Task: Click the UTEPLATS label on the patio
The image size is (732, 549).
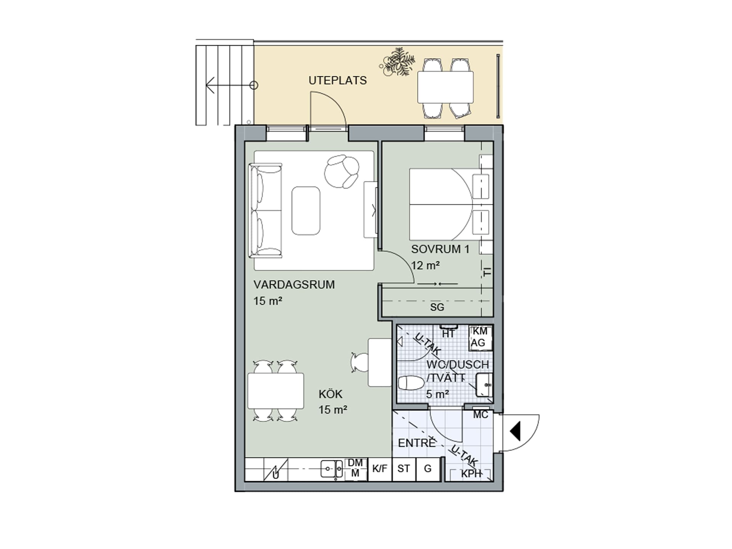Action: coord(337,80)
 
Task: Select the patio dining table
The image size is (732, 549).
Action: coord(445,87)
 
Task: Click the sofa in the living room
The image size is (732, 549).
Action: coord(265,210)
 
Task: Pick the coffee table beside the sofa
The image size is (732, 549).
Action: coord(306,210)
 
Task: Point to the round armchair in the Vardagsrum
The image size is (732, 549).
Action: coord(342,171)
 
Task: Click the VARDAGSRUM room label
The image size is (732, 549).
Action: coord(294,285)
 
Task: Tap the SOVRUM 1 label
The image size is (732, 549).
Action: coord(440,249)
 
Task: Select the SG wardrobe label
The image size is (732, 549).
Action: coord(437,307)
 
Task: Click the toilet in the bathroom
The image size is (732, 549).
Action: coord(411,383)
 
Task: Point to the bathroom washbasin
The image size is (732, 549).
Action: coord(484,385)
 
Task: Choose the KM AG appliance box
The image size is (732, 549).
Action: coord(480,337)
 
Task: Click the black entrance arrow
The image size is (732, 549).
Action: coord(515,432)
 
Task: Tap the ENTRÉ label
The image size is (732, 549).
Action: coord(417,443)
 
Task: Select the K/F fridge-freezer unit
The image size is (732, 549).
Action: coord(380,469)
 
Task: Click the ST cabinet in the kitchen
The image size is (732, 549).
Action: coord(404,469)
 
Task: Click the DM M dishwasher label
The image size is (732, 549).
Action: coord(355,468)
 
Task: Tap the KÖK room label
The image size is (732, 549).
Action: coord(331,394)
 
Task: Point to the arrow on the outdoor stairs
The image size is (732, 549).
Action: coord(229,85)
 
